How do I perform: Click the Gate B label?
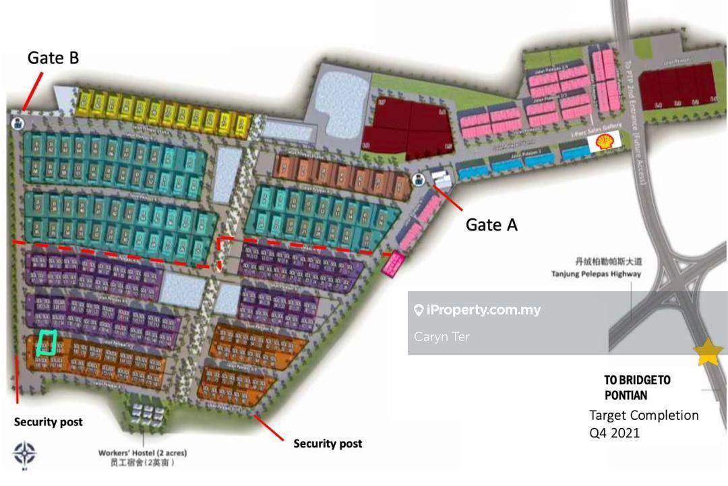coord(53,59)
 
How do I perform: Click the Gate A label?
coord(491,225)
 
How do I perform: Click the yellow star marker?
coord(708,352)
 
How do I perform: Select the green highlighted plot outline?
coord(46,342)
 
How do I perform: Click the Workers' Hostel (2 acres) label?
coord(142,452)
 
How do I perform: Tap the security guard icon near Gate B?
coord(17,123)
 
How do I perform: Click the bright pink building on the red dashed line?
coord(393,263)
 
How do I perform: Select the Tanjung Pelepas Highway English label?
coord(596,274)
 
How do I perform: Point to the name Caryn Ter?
coord(442,336)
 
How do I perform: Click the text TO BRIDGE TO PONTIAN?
coord(637,388)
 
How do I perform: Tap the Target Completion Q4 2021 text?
coord(644,423)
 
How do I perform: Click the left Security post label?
coord(49,422)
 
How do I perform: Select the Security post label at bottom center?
coord(328,444)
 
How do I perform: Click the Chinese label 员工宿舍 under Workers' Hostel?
coord(142,464)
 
